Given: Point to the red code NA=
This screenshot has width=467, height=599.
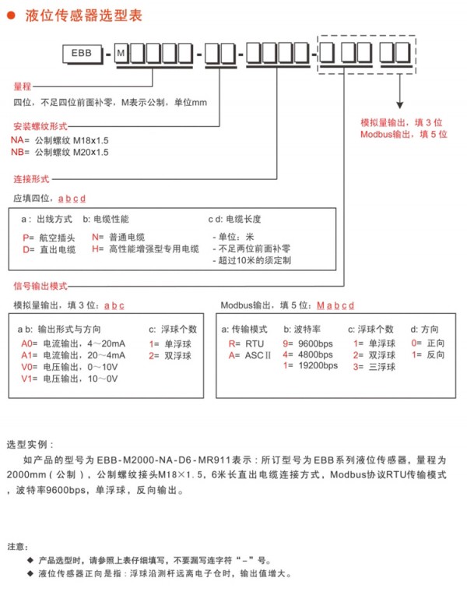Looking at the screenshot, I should point(19,139).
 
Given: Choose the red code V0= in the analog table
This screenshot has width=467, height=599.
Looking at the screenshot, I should point(28,367).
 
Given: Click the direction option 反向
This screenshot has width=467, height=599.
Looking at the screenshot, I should point(437,354).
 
